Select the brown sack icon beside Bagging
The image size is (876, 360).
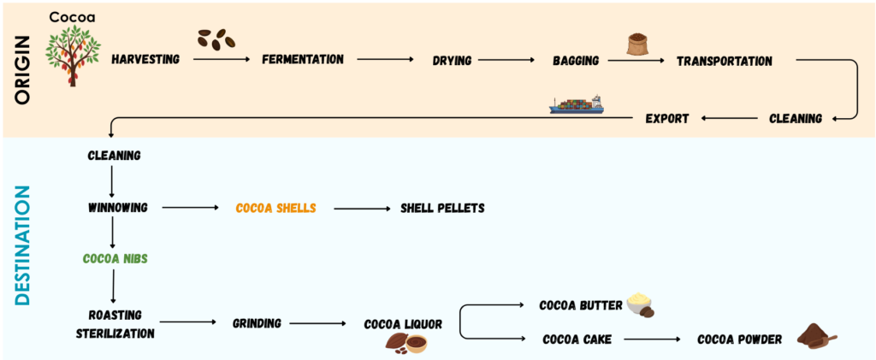[638, 45]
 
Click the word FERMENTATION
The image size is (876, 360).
[303, 60]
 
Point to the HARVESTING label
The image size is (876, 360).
[146, 60]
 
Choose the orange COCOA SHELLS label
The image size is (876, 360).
[275, 208]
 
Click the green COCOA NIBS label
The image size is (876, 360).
[114, 257]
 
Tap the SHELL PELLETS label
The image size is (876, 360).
[442, 208]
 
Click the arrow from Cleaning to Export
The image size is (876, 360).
[728, 118]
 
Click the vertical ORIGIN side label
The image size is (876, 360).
[22, 69]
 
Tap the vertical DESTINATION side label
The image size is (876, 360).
[23, 247]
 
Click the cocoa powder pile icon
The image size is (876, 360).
[815, 336]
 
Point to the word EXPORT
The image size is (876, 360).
[666, 118]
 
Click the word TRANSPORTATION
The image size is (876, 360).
[724, 61]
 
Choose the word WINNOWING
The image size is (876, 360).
[118, 207]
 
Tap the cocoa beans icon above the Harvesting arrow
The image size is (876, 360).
[216, 39]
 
